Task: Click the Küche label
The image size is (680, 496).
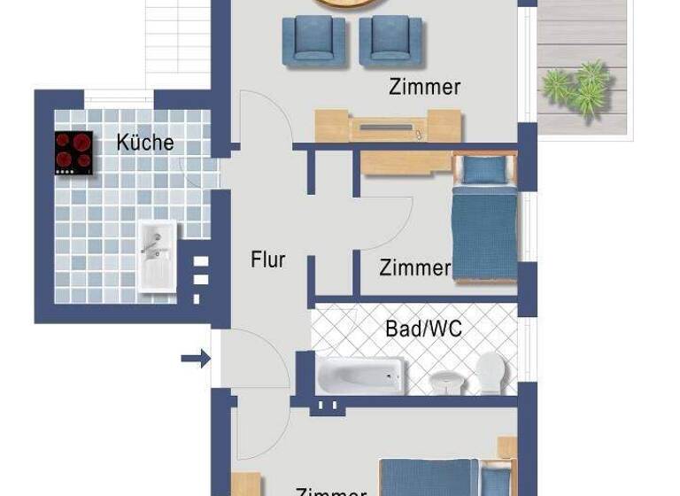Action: [x=145, y=143]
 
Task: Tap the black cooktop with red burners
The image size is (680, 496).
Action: [x=73, y=151]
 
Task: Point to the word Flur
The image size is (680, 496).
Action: [x=267, y=260]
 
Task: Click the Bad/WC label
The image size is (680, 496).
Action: [x=423, y=329]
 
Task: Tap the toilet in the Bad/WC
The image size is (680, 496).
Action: [x=489, y=373]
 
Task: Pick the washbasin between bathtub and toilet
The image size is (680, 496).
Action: [x=445, y=381]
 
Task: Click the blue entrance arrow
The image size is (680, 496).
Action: [x=196, y=359]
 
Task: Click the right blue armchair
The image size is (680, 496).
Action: [x=390, y=42]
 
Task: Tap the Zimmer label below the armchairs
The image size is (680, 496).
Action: [x=424, y=87]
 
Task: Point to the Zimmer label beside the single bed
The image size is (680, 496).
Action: [x=414, y=267]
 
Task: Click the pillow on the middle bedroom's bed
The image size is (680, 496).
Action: [x=483, y=169]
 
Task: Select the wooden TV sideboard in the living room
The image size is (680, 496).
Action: [x=389, y=127]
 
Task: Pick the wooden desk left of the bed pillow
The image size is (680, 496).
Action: [x=406, y=162]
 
